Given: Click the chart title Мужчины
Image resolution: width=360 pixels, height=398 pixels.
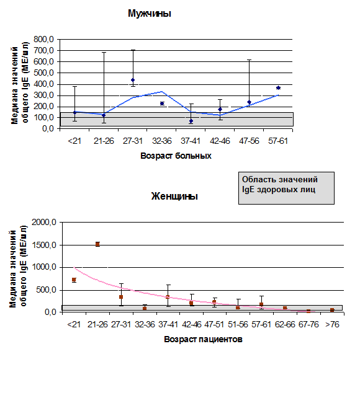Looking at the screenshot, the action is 150,14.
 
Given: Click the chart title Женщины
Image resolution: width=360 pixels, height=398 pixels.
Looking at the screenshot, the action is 174,196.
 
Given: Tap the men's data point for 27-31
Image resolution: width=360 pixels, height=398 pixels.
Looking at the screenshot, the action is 133,80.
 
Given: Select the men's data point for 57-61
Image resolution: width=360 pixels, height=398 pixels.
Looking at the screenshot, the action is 278,88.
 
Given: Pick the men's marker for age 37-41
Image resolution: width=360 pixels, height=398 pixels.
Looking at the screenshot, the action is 191,121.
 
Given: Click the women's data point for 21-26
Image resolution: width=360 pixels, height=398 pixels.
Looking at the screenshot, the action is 97,244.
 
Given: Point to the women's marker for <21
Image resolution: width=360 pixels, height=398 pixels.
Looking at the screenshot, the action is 74,280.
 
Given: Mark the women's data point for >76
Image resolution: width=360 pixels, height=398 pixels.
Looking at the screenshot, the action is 332,310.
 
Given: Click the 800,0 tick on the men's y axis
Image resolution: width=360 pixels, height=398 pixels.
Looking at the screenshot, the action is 43,39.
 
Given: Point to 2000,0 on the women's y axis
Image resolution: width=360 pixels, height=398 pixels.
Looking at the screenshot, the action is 43,223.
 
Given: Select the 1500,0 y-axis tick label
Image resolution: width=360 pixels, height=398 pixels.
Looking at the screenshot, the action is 43,245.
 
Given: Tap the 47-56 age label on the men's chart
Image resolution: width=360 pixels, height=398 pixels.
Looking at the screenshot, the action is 249,141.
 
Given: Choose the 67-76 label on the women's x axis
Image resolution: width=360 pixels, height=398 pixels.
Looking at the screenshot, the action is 308,324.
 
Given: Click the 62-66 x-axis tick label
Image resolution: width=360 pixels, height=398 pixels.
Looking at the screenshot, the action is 285,324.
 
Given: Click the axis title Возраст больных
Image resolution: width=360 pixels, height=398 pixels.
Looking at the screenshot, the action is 176,156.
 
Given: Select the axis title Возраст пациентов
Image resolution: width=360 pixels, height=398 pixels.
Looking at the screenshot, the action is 203,339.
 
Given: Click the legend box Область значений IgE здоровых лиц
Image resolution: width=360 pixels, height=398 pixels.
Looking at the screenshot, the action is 286,188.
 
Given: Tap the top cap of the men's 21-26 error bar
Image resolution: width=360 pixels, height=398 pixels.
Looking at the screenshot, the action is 104,52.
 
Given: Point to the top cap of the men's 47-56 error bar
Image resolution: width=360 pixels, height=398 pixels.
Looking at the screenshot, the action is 250,60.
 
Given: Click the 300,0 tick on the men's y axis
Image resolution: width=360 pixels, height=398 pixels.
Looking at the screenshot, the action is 43,95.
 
